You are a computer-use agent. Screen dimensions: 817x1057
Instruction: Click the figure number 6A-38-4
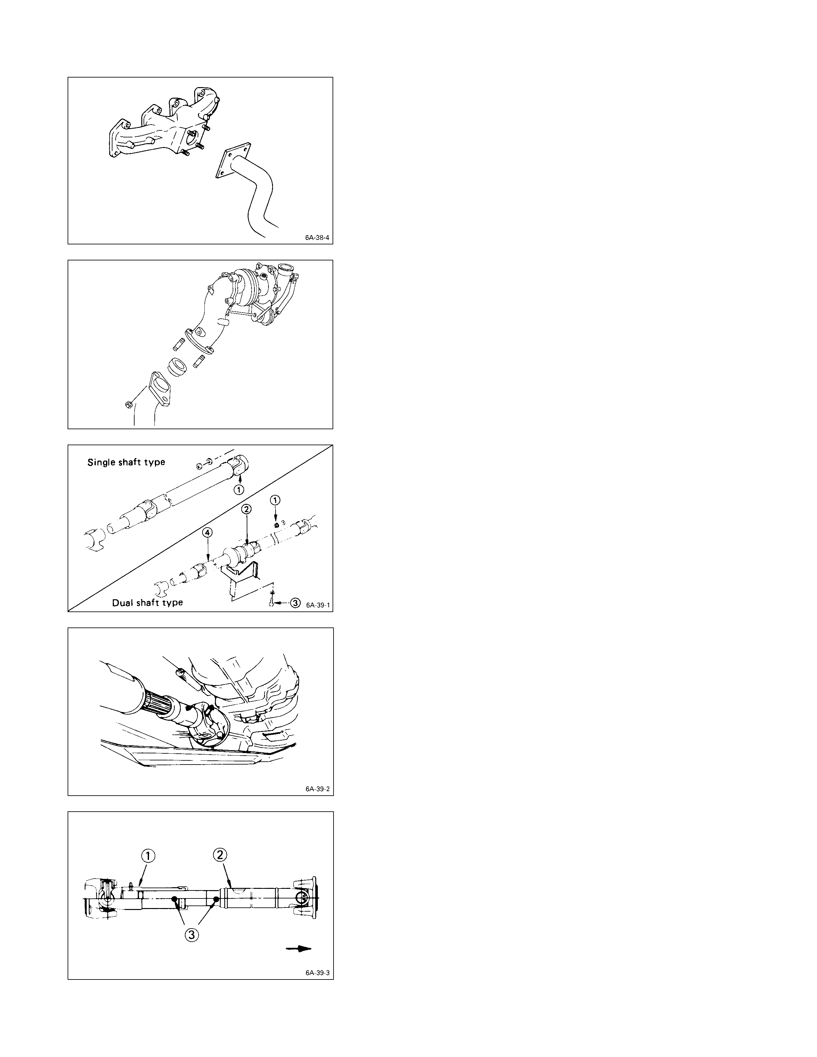(x=317, y=238)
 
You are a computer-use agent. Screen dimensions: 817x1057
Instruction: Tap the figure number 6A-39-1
(x=318, y=605)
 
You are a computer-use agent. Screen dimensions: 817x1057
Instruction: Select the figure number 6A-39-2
(x=318, y=789)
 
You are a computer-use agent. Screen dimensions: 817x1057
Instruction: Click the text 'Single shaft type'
(x=126, y=462)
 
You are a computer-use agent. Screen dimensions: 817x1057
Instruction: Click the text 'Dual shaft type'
(x=148, y=602)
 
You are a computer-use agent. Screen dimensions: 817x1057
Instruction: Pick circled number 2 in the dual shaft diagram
(x=246, y=509)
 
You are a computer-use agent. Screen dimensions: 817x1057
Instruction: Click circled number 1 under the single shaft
(x=239, y=489)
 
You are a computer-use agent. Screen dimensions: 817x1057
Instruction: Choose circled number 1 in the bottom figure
(x=148, y=856)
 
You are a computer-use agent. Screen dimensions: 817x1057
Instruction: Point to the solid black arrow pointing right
(x=298, y=949)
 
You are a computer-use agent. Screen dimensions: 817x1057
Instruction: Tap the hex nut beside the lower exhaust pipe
(x=128, y=405)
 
